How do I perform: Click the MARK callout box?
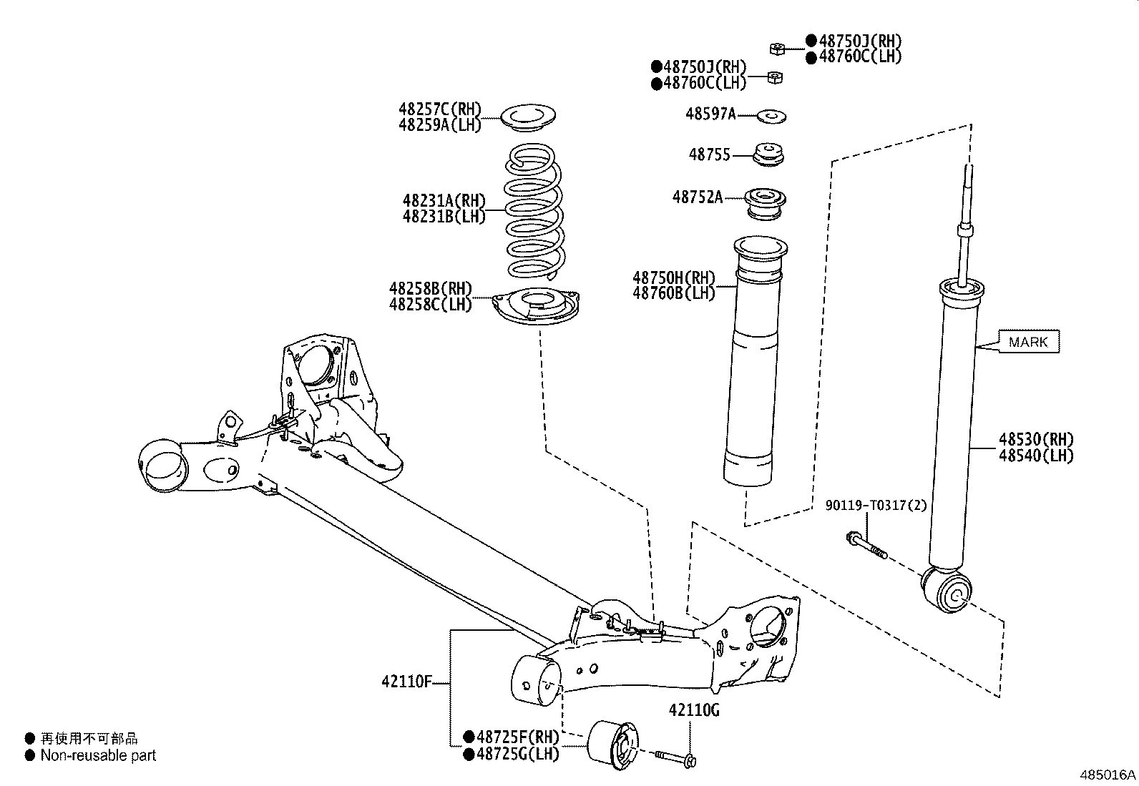pos(1028,342)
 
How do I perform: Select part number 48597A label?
pos(710,114)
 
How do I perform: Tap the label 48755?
pos(709,154)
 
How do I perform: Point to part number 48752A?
pos(697,197)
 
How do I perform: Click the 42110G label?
pos(694,710)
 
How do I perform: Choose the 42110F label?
pos(406,682)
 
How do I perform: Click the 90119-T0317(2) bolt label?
pos(876,506)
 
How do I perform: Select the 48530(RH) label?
pos(1036,439)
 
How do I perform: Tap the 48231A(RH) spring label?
pos(444,200)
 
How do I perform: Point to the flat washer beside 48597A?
pos(771,114)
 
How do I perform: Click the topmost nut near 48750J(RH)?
pos(777,49)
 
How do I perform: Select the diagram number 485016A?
pos(1108,775)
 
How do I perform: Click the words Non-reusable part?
pos(98,755)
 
